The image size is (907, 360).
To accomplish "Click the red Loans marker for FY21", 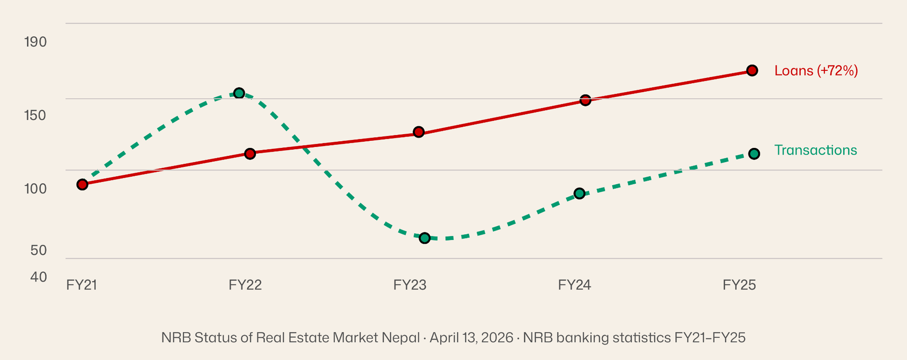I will pyautogui.click(x=82, y=184).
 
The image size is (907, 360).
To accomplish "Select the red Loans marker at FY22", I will pyautogui.click(x=250, y=154).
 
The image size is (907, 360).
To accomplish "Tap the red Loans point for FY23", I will pyautogui.click(x=419, y=132).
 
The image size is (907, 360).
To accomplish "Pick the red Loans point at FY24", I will pyautogui.click(x=585, y=100).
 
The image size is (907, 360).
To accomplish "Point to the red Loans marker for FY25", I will pyautogui.click(x=753, y=70).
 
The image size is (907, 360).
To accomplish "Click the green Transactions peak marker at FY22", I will pyautogui.click(x=240, y=93).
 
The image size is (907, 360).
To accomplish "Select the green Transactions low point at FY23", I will pyautogui.click(x=425, y=238).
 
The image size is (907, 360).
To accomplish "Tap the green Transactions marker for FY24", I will pyautogui.click(x=580, y=193).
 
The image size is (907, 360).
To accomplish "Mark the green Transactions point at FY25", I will pyautogui.click(x=754, y=154).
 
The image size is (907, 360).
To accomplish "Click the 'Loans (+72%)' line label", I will pyautogui.click(x=816, y=71).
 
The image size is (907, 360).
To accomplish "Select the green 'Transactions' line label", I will pyautogui.click(x=815, y=150).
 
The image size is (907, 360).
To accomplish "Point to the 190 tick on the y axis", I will pyautogui.click(x=35, y=42).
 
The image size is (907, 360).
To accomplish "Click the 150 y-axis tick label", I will pyautogui.click(x=35, y=115).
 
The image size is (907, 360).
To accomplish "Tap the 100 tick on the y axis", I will pyautogui.click(x=35, y=189).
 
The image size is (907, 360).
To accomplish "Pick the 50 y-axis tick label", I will pyautogui.click(x=39, y=250).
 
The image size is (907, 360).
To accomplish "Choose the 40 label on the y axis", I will pyautogui.click(x=39, y=277).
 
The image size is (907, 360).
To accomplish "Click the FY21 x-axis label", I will pyautogui.click(x=82, y=285).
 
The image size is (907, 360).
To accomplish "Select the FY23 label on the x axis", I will pyautogui.click(x=410, y=285).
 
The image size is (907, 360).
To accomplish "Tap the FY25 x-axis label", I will pyautogui.click(x=739, y=285).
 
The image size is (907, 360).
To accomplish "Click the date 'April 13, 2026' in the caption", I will pyautogui.click(x=471, y=338).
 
